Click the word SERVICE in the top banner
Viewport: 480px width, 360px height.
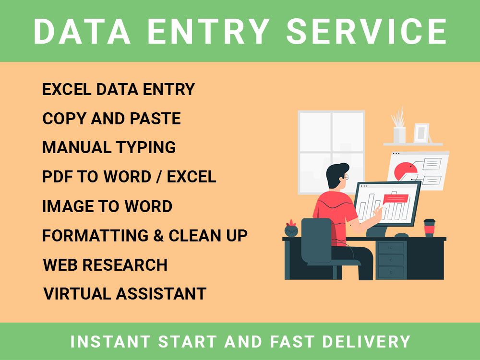tap(367, 32)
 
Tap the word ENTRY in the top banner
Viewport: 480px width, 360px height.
tap(208, 32)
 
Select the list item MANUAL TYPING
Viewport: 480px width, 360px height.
tap(109, 147)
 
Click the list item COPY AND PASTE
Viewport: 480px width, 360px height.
tap(111, 119)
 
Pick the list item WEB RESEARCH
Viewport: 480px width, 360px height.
tap(105, 265)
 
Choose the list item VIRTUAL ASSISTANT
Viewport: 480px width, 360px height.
tap(125, 294)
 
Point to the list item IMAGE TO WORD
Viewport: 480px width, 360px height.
tap(107, 206)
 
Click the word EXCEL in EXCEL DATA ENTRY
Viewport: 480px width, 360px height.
tap(66, 89)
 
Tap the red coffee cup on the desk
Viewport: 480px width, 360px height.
tap(429, 228)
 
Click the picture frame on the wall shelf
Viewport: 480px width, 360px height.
tap(421, 132)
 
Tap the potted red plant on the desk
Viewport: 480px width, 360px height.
tap(291, 229)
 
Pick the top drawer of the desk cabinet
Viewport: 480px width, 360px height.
tap(391, 247)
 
